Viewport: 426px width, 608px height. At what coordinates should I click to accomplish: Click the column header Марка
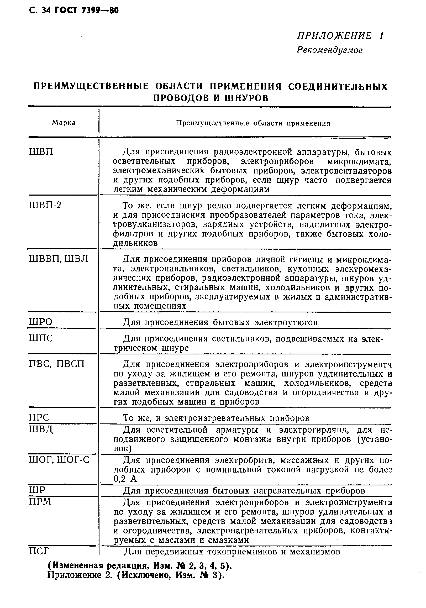(64, 123)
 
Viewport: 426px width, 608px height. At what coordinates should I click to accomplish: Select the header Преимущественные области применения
(253, 123)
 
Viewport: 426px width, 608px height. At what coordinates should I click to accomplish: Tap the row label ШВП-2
(45, 205)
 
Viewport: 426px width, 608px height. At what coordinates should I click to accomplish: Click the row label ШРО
(40, 322)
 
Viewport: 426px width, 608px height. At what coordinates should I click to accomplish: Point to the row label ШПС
(40, 338)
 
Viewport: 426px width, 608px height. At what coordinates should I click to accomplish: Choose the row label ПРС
(39, 418)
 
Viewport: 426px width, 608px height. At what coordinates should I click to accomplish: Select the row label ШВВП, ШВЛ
(58, 259)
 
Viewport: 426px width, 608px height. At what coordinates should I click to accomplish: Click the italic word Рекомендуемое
(329, 50)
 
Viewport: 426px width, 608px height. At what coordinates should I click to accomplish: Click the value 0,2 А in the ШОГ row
(125, 479)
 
